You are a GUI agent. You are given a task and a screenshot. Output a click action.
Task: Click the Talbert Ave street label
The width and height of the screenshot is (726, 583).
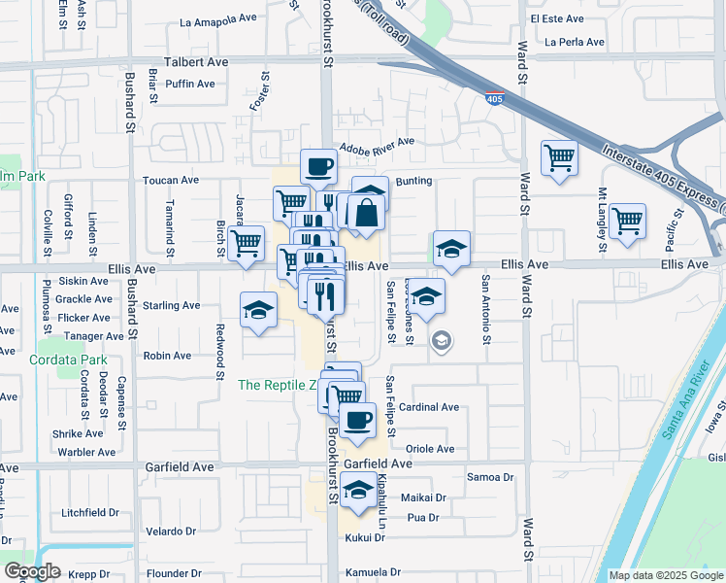(195, 61)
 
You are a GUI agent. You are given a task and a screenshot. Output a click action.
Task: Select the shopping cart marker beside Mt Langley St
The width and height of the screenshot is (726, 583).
(628, 221)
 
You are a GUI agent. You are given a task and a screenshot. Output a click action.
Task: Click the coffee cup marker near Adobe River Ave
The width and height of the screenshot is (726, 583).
(318, 167)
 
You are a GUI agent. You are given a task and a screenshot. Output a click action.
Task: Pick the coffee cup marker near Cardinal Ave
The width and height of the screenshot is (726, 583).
(358, 420)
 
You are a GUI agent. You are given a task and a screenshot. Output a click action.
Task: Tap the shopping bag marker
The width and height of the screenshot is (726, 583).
(368, 213)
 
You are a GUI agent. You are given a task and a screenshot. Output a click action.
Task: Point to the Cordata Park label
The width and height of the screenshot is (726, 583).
(67, 360)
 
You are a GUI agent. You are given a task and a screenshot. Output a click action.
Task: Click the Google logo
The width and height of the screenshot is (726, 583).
(32, 571)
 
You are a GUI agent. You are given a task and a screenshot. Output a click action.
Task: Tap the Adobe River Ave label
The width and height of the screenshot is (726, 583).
(376, 142)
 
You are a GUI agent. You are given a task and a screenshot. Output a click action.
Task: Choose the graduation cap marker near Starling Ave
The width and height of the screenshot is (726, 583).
(257, 310)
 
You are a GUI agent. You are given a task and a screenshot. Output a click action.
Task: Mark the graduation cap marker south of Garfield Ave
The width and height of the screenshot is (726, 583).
(358, 492)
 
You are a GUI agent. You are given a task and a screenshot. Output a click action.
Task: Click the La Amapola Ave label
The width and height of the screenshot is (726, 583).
(225, 20)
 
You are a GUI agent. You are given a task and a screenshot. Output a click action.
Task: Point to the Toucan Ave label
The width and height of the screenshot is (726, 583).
(171, 180)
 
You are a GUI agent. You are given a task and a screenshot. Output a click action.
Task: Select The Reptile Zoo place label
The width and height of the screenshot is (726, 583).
(279, 386)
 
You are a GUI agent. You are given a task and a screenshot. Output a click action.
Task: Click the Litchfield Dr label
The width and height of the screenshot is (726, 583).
(89, 512)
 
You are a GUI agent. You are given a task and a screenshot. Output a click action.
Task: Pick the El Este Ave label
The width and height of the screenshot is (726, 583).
(557, 18)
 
